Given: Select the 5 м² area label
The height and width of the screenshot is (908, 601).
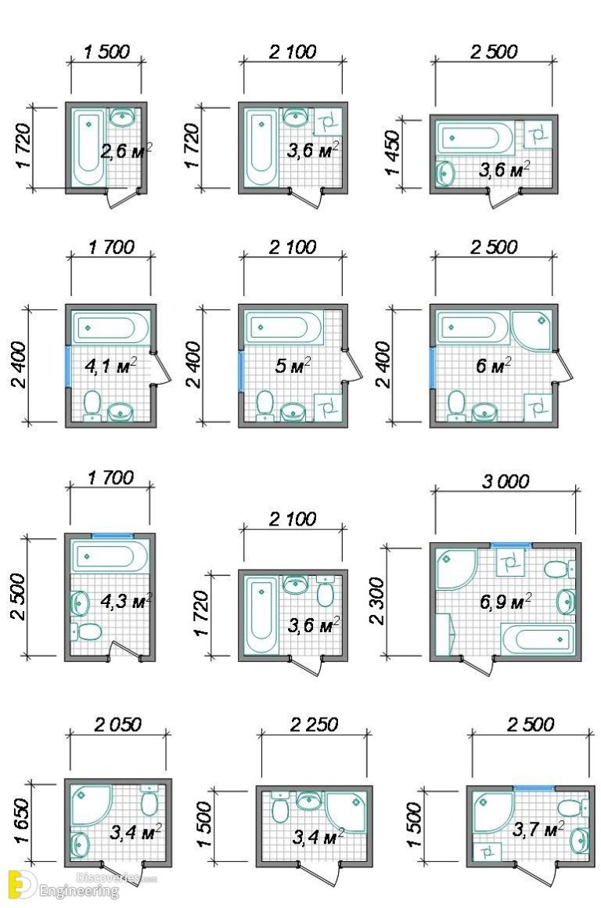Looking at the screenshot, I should (294, 365).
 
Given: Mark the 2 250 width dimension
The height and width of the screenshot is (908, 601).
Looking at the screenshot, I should (311, 725).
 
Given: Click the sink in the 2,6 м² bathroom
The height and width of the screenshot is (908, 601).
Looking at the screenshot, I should (122, 118).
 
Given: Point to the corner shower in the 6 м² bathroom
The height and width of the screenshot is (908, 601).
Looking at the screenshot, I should (531, 330).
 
